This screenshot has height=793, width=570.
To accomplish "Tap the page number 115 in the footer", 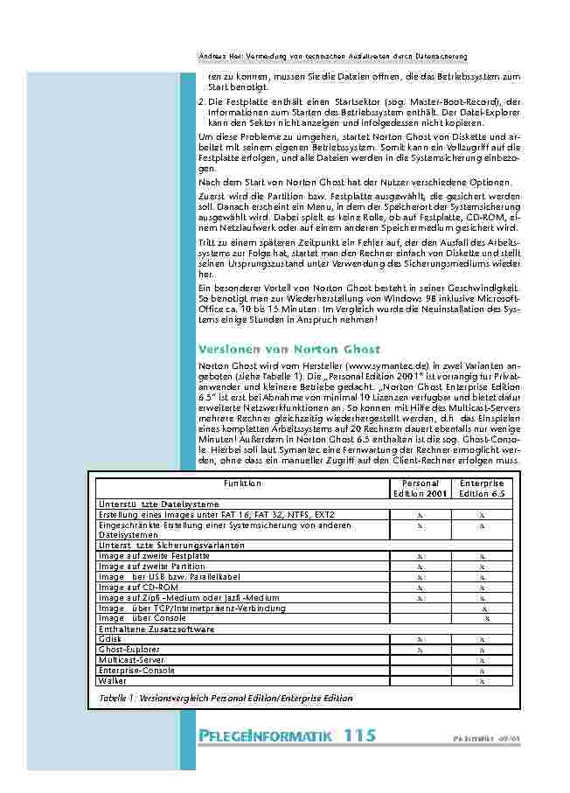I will click(x=360, y=735).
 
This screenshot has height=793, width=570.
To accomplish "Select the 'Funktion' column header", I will click(x=242, y=483).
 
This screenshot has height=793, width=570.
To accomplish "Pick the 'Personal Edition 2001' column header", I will click(x=420, y=488).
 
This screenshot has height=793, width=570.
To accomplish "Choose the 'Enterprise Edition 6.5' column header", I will click(x=482, y=488).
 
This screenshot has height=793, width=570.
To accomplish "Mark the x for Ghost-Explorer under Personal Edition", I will click(x=420, y=650).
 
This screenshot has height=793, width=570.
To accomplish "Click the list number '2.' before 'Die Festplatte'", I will click(x=202, y=102).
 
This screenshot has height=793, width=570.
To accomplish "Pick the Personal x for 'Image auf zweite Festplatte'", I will click(x=420, y=555).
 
